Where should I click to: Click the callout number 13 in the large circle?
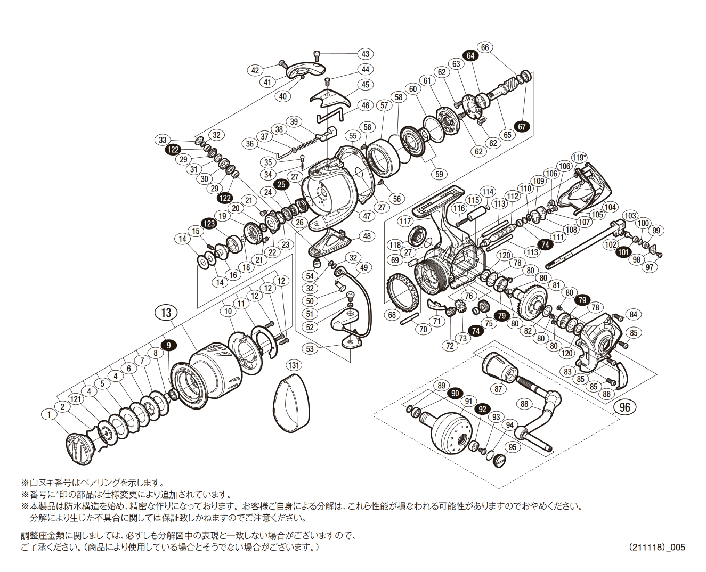[166, 312]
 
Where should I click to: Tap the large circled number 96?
[625, 407]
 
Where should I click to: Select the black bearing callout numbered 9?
[168, 345]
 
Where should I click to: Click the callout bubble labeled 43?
[366, 54]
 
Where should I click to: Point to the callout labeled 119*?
[579, 157]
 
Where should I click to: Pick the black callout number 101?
[623, 252]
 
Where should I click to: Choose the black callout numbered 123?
[209, 223]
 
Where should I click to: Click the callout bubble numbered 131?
[294, 365]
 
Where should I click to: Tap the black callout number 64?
[470, 55]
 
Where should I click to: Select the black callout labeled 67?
[522, 127]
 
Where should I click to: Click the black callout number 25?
[281, 184]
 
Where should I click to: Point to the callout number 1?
[49, 414]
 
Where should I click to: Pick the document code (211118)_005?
[656, 547]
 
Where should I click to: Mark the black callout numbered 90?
[455, 394]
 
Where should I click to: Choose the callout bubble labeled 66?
[484, 47]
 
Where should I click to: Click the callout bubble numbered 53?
[310, 349]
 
